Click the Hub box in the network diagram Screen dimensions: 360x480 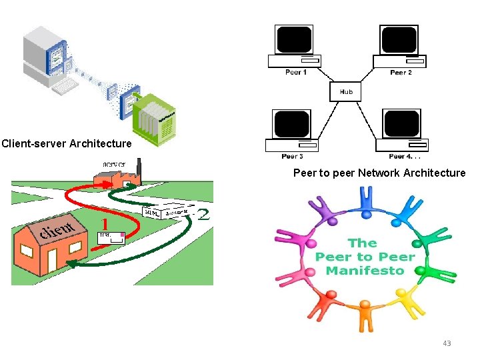pos(346,91)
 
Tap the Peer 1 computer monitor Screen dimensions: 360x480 pos(294,39)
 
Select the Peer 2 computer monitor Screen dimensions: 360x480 pos(399,39)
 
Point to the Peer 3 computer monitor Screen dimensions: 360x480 pos(291,124)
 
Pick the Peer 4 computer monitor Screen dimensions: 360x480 pos(401,124)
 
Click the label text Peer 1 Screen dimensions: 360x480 pos(295,73)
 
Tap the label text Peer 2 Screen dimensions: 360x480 pos(401,73)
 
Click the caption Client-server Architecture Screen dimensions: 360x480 pos(67,143)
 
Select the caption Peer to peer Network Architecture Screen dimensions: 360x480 pos(379,173)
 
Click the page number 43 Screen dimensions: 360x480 pos(447,343)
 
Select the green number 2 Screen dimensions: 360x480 pos(203,214)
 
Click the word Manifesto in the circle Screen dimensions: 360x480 pos(365,271)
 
